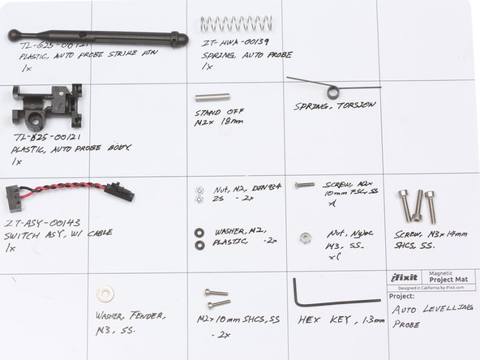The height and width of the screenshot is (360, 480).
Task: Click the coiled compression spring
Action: [236, 24]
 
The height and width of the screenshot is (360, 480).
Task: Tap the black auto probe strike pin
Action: [97, 36]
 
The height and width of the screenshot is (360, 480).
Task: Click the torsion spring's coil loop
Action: [333, 92]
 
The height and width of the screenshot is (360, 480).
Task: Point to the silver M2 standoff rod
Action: [212, 96]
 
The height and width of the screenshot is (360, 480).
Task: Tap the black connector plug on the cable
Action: [119, 191]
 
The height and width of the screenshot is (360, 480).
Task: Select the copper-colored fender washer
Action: [105, 294]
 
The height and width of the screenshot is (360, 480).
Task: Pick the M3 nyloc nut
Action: [306, 238]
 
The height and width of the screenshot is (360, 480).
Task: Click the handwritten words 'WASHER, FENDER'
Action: [130, 315]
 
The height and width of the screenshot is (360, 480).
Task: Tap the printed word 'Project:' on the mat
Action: [401, 296]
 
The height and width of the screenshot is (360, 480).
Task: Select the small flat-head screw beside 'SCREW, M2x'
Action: [304, 185]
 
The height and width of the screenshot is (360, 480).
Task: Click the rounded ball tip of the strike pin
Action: [14, 35]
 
